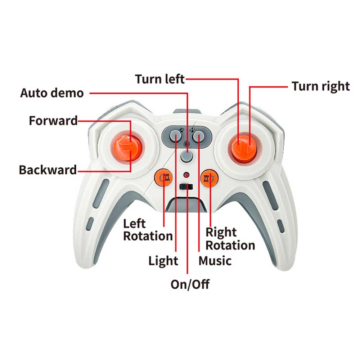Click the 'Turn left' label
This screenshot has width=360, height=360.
160,79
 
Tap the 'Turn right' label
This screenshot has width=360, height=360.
321,86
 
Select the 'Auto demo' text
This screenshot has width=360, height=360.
52,93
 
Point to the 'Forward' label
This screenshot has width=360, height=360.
53,121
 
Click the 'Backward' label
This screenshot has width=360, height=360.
48,170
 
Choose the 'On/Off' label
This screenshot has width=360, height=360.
190,284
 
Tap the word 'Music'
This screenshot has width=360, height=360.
215,261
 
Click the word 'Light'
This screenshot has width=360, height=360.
163,261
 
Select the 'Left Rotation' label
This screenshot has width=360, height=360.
148,230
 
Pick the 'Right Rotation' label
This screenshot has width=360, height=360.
230,239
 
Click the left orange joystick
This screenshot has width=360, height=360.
126,147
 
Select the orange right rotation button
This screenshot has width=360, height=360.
210,178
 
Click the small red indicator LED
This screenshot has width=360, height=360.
186,175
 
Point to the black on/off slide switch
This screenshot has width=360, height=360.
186,186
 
